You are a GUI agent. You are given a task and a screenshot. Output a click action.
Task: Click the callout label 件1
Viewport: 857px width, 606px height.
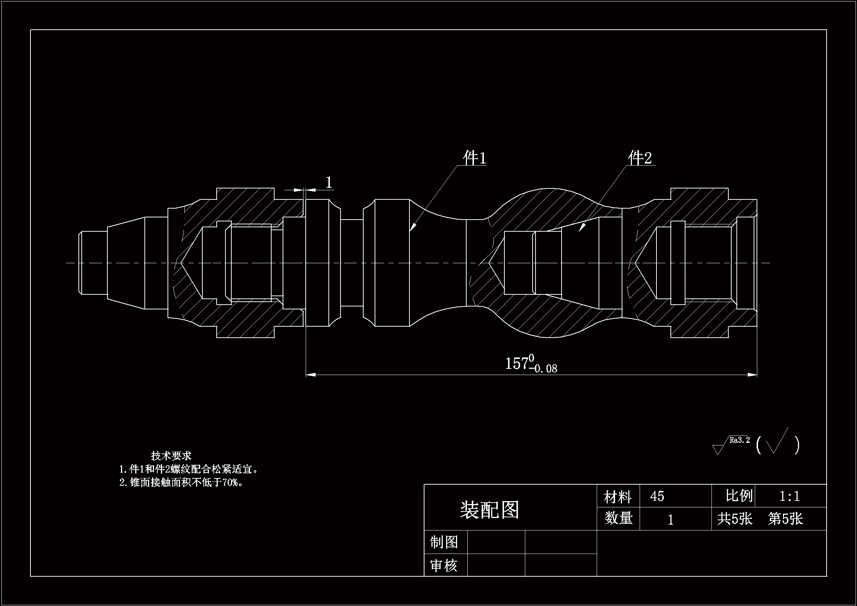474,158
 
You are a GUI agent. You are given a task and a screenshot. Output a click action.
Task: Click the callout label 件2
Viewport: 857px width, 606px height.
639,158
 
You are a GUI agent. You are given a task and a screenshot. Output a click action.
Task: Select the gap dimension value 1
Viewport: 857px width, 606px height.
329,183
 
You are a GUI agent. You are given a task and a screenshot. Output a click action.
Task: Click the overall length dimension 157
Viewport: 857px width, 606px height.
516,363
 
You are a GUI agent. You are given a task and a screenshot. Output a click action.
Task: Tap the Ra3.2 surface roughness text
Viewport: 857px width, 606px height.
739,440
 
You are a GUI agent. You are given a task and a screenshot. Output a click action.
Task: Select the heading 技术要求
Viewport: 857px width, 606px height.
171,456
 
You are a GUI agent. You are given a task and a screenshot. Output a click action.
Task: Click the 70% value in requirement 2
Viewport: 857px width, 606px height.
230,482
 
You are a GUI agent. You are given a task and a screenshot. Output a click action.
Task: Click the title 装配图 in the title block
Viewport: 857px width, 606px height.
489,510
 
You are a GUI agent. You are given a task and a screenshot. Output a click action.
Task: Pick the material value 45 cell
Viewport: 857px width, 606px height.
657,496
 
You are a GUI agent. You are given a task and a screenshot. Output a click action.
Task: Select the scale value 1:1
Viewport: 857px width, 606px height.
789,496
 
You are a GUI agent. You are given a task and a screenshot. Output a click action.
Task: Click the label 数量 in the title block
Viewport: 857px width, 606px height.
618,519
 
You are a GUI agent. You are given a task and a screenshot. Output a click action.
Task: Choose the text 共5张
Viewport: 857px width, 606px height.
734,519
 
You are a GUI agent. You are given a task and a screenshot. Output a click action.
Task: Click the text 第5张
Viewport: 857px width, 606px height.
785,519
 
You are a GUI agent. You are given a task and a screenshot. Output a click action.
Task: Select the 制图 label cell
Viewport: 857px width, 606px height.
444,542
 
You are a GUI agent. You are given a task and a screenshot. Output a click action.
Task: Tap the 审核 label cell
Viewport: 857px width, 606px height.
444,566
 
